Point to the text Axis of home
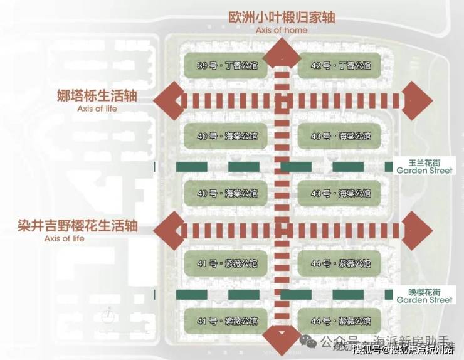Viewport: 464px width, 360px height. pos(282,30)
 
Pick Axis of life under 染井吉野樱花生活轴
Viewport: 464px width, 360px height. pos(64,239)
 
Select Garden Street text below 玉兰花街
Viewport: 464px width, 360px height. pos(424,171)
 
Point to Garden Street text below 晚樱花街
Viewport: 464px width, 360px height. pos(424,300)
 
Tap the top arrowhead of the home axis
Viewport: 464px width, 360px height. pos(282,53)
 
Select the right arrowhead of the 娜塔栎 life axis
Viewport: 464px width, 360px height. pos(416,100)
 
